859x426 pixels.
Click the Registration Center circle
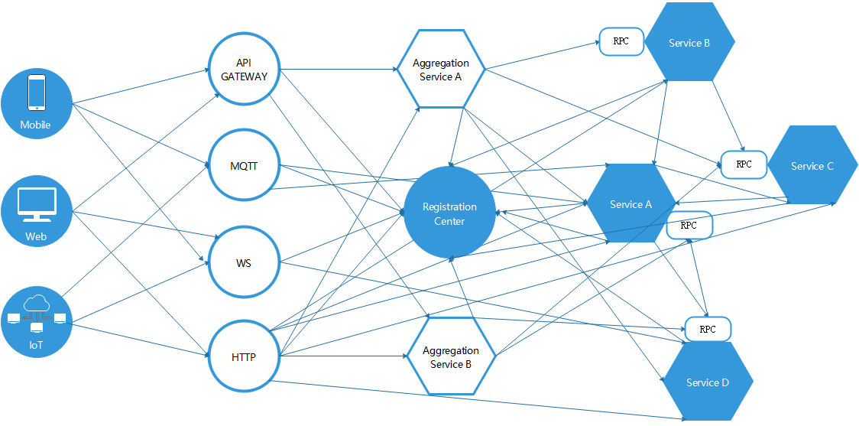(450, 213)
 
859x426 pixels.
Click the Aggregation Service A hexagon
(441, 70)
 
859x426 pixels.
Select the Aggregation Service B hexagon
(450, 357)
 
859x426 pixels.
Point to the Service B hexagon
(689, 43)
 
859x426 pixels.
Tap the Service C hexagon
(812, 165)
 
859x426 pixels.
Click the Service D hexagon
(708, 382)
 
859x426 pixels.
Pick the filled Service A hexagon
(630, 203)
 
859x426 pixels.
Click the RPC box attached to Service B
(621, 41)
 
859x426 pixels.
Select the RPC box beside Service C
(743, 164)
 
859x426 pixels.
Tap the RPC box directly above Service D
(708, 329)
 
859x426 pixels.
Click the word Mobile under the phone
(36, 125)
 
